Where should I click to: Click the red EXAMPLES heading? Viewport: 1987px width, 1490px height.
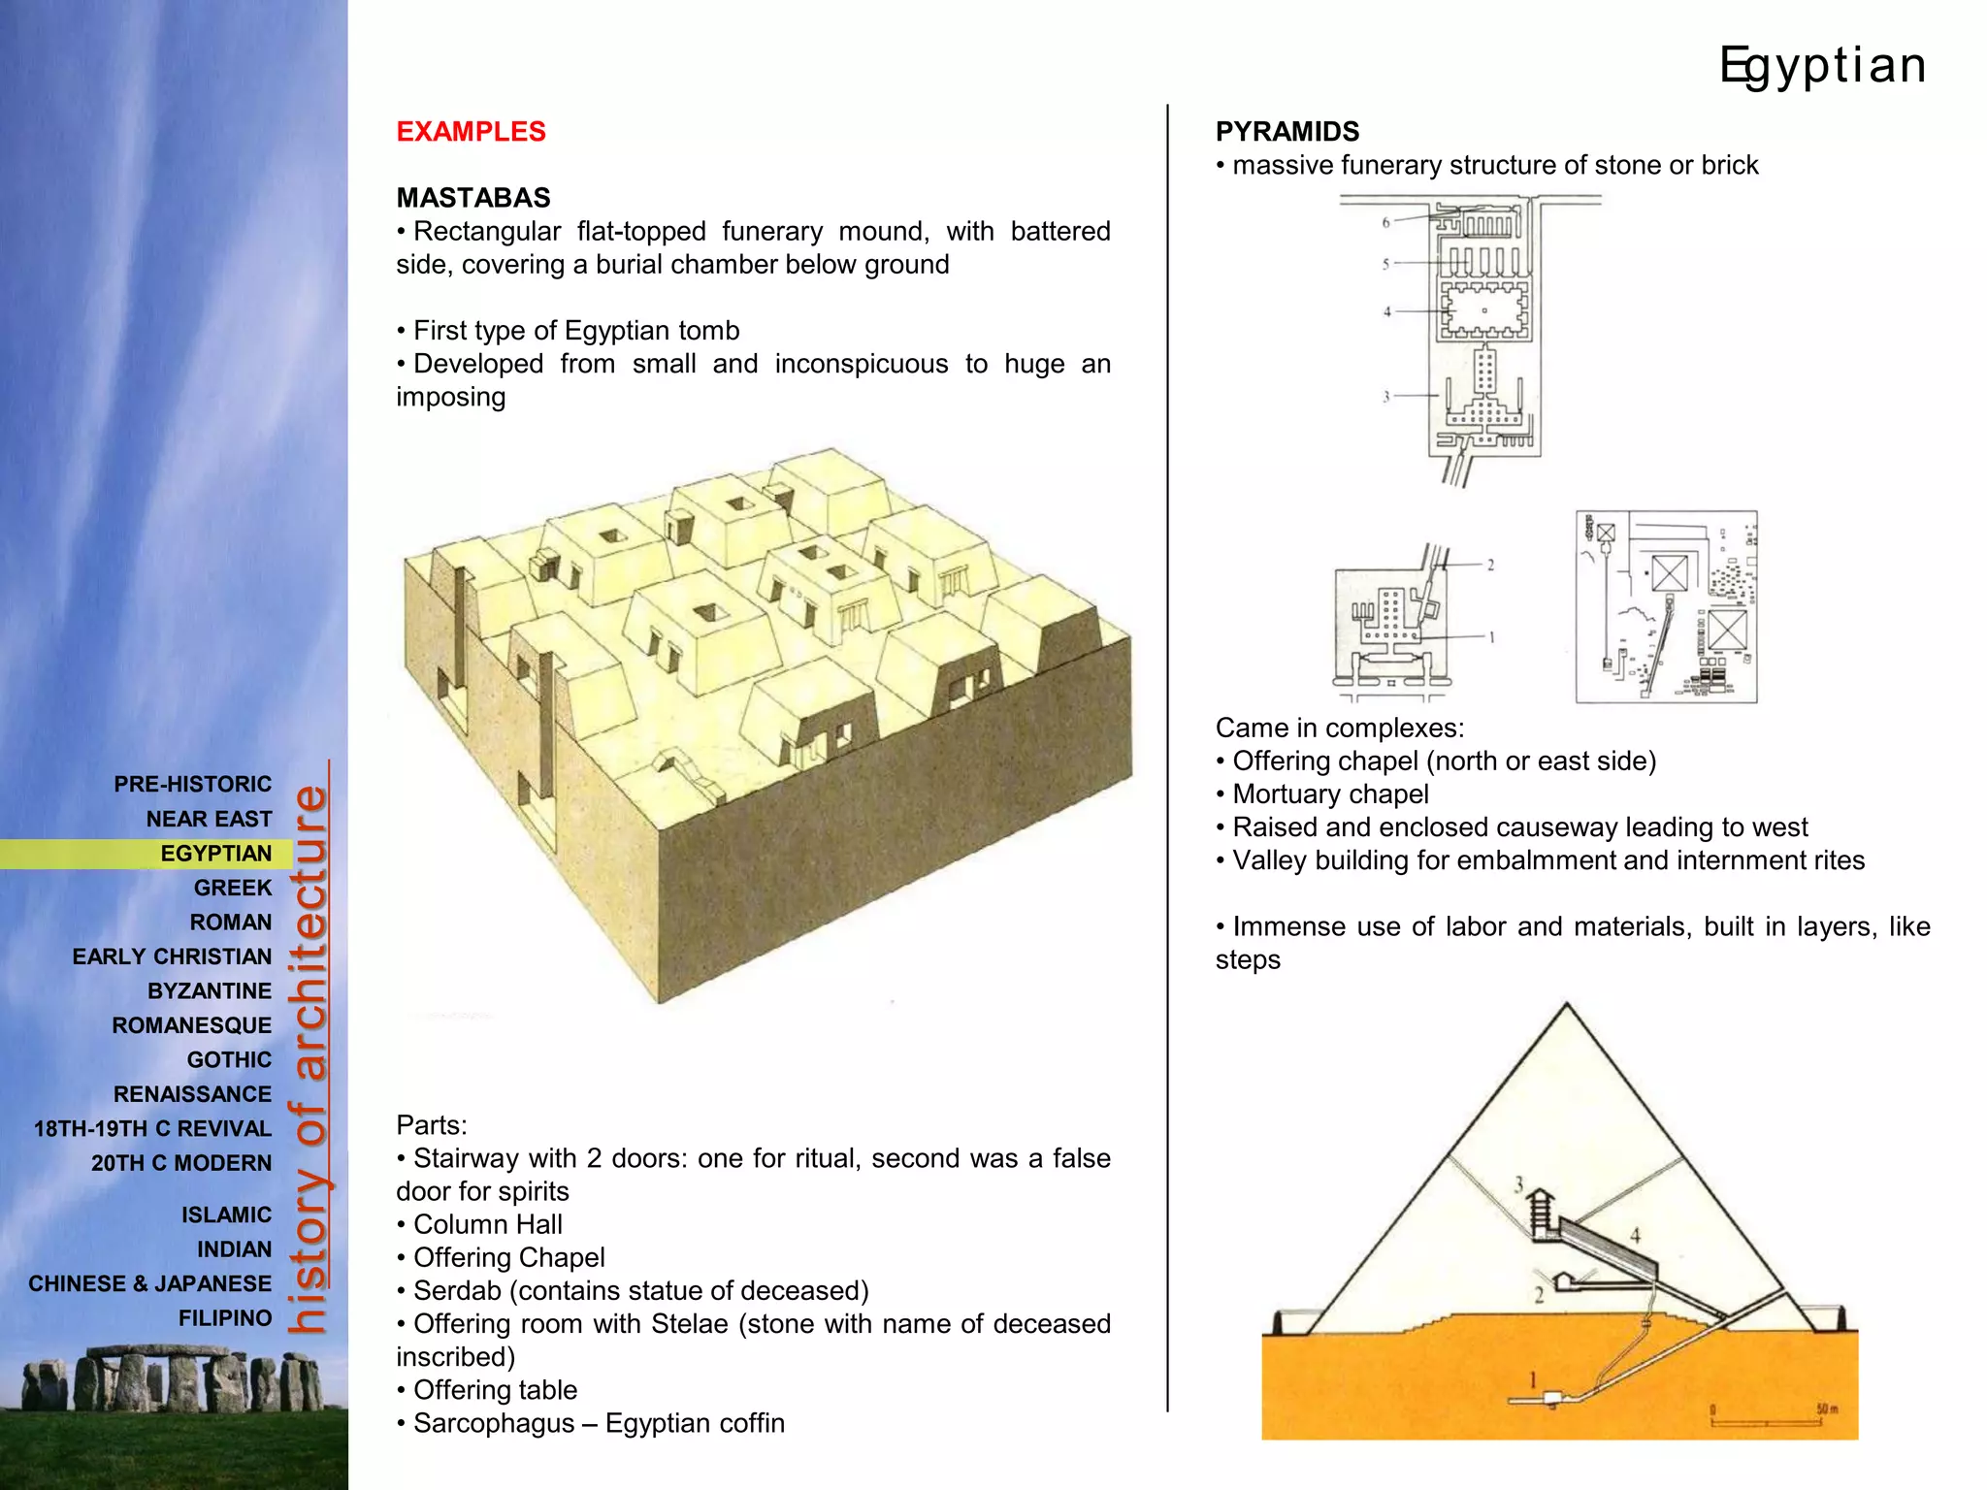coord(471,132)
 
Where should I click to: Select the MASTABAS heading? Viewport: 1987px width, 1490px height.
coord(472,198)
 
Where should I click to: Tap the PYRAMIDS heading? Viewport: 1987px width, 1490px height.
coord(1287,132)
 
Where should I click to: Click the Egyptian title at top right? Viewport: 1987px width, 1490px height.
coord(1822,66)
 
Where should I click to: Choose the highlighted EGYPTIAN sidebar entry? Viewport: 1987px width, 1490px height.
coord(215,854)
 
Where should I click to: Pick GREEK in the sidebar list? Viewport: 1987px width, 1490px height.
coord(233,888)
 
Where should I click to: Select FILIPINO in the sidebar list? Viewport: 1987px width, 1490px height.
coord(225,1318)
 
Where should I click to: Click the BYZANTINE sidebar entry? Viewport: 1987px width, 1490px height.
coord(210,991)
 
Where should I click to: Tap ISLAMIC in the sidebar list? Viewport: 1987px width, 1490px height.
coord(226,1215)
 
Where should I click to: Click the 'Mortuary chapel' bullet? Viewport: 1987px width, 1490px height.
coord(1329,794)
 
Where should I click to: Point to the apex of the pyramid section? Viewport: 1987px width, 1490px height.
coord(1566,1006)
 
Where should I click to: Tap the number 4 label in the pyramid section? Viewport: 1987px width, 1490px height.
coord(1635,1236)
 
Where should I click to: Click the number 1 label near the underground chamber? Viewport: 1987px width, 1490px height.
coord(1533,1379)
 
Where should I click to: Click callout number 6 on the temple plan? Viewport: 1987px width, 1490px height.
coord(1385,222)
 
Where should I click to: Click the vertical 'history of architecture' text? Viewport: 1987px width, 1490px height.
coord(309,1057)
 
